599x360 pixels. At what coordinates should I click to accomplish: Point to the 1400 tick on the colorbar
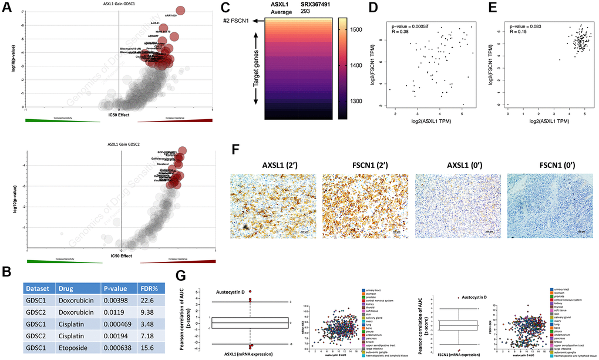[356, 65]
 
